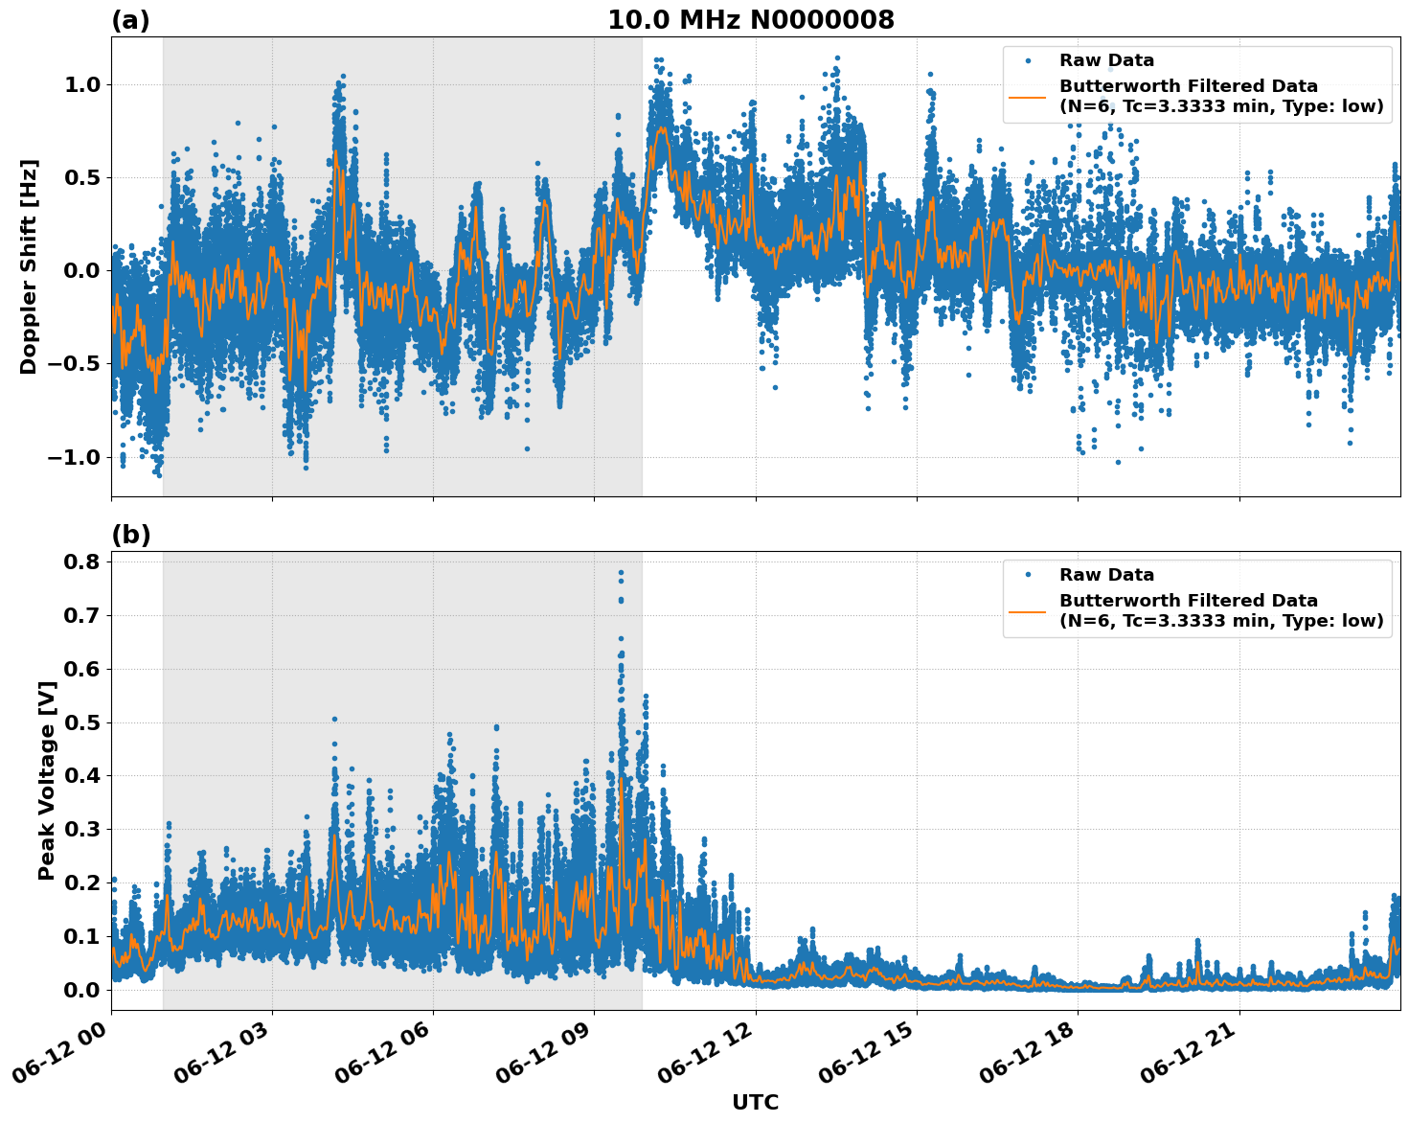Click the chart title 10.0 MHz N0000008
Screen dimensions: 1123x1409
pyautogui.click(x=750, y=20)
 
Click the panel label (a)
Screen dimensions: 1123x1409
pyautogui.click(x=130, y=20)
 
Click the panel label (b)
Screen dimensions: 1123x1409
pyautogui.click(x=130, y=535)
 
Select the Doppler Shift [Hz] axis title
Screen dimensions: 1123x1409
pyautogui.click(x=29, y=266)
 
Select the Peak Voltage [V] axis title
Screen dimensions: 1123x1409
pyautogui.click(x=47, y=780)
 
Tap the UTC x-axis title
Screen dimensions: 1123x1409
pyautogui.click(x=755, y=1102)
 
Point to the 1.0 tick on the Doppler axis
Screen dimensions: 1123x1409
pyautogui.click(x=81, y=84)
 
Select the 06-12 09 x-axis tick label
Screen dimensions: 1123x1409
pyautogui.click(x=549, y=1054)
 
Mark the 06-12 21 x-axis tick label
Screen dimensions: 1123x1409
pyautogui.click(x=1193, y=1054)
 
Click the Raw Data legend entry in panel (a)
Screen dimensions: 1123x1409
pyautogui.click(x=1106, y=60)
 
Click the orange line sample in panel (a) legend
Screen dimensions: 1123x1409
pyautogui.click(x=1028, y=97)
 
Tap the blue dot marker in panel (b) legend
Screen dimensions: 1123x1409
pyautogui.click(x=1028, y=575)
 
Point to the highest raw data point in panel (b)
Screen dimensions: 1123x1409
pyautogui.click(x=621, y=573)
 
